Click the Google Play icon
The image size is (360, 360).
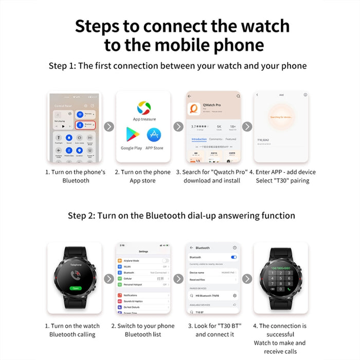(131, 136)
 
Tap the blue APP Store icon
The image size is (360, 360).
(154, 136)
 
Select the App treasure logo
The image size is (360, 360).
(144, 108)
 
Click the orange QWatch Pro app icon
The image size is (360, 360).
(193, 110)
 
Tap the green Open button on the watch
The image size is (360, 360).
(75, 288)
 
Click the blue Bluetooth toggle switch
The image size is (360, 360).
(234, 257)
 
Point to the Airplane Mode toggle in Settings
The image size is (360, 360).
(165, 261)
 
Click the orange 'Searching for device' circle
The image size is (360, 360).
(277, 117)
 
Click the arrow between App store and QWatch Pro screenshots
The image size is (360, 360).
(178, 127)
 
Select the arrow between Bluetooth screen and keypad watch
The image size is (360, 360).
(247, 279)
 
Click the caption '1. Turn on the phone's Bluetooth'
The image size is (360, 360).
(76, 176)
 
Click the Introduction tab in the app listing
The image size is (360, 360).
(199, 139)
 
